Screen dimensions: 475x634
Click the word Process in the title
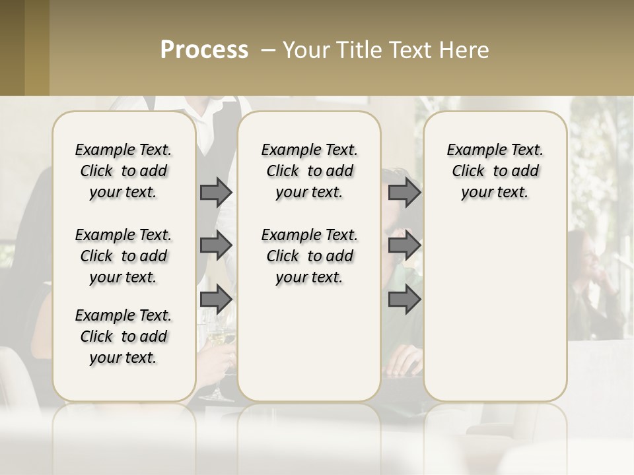[x=204, y=49]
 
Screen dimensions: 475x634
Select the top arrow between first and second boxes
[x=215, y=192]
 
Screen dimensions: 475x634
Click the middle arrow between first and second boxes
[x=215, y=245]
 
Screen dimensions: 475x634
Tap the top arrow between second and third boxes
[x=404, y=192]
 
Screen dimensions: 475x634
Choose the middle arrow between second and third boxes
[x=404, y=245]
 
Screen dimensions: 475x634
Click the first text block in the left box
[x=123, y=171]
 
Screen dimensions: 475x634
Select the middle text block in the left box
[x=123, y=256]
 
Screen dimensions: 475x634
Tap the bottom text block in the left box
[x=123, y=336]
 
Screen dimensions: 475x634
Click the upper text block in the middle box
[x=309, y=171]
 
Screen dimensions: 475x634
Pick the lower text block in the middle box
[x=309, y=256]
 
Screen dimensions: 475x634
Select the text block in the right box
[x=495, y=171]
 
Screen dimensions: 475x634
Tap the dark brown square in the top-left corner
[x=12, y=47]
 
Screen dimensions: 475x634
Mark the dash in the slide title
[x=269, y=50]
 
